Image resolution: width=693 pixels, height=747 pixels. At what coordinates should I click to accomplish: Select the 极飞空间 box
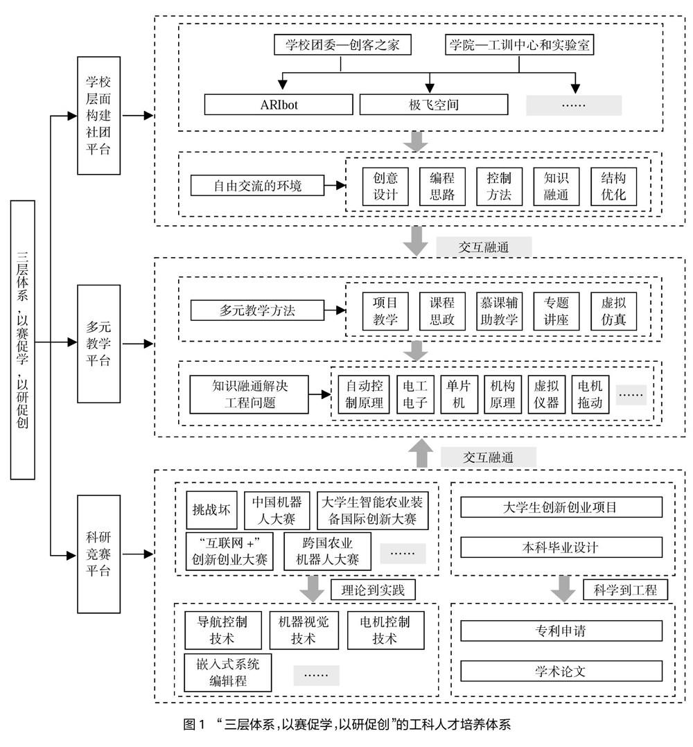(x=433, y=105)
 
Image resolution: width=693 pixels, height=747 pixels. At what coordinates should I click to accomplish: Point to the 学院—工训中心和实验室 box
(x=519, y=46)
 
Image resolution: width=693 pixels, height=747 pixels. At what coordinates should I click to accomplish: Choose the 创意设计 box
(x=385, y=186)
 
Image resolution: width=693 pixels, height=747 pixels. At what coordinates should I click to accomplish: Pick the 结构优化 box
(x=613, y=186)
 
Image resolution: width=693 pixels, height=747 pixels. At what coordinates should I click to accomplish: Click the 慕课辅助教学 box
(x=500, y=310)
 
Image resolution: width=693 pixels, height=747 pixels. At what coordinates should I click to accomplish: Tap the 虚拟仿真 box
(x=613, y=310)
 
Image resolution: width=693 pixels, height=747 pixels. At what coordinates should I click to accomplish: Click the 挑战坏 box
(x=211, y=511)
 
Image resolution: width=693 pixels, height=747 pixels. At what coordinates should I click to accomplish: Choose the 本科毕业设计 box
(x=561, y=547)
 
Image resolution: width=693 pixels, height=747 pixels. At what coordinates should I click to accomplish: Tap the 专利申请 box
(x=561, y=631)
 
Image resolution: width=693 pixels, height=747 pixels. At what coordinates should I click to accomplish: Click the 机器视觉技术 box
(x=304, y=630)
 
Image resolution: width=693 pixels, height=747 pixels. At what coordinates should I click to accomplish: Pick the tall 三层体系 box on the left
(x=23, y=340)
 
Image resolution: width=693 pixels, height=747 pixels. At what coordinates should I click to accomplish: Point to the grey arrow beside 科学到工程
(x=562, y=589)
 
